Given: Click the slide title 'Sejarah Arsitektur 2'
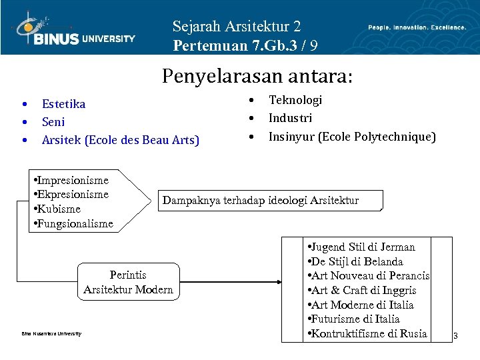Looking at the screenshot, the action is [x=237, y=27].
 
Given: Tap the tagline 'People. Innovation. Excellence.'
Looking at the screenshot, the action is [x=417, y=27].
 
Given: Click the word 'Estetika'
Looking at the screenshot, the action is [x=63, y=104].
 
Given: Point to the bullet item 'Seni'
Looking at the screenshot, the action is [x=53, y=122].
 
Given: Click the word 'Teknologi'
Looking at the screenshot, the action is [x=295, y=100].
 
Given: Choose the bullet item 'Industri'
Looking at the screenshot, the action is [x=290, y=118].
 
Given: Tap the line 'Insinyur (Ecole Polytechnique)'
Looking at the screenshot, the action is [x=352, y=137].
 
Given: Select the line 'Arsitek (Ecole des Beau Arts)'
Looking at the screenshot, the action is [x=120, y=140].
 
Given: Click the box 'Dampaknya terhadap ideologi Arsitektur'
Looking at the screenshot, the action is [x=261, y=200].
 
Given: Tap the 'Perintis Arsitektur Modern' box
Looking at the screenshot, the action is [x=128, y=282].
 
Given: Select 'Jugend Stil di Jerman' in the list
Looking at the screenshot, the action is [x=363, y=247].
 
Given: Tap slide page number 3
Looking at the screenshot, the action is [x=455, y=335].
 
